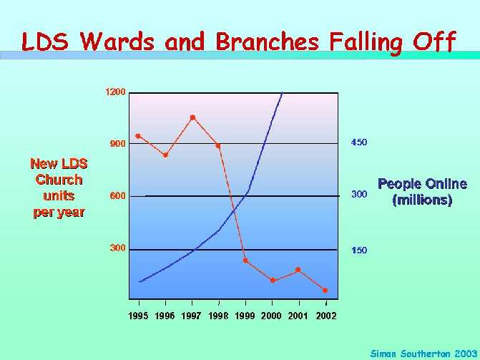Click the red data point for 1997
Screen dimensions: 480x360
click(192, 117)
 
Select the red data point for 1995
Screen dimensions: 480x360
click(138, 136)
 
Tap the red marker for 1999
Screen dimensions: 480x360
click(245, 261)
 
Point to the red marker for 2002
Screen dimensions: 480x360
click(325, 290)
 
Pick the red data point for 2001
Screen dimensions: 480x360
click(298, 270)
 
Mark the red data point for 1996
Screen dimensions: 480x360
click(166, 155)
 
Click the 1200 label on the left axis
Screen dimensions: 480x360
click(115, 92)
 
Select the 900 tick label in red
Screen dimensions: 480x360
click(118, 144)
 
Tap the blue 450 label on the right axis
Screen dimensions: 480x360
click(359, 142)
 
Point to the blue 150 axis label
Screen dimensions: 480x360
click(359, 250)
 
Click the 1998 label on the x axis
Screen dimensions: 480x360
click(218, 316)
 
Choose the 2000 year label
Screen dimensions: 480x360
click(271, 316)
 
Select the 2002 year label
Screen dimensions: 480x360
click(326, 316)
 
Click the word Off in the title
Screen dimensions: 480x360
click(434, 42)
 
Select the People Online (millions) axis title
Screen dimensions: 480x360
click(423, 192)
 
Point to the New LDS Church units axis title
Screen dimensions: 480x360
click(59, 188)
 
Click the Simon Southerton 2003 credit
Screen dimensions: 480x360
click(424, 354)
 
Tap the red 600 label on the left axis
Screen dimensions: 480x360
click(118, 195)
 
